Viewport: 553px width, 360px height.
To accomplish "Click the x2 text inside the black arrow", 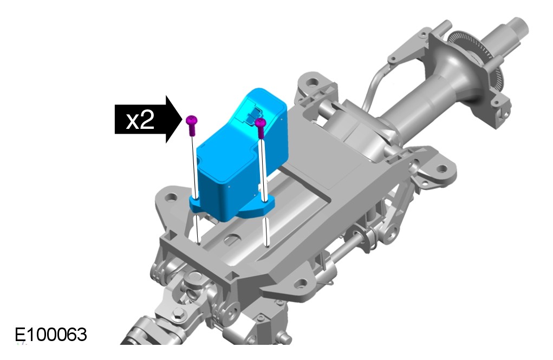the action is pyautogui.click(x=140, y=121).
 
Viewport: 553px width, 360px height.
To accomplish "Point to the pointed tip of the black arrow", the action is pyautogui.click(x=183, y=119).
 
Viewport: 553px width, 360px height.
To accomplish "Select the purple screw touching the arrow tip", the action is pyautogui.click(x=192, y=125).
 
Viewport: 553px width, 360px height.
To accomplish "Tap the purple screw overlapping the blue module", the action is pyautogui.click(x=261, y=128).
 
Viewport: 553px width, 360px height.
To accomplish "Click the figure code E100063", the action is pyautogui.click(x=51, y=335).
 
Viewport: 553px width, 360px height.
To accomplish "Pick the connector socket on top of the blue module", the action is pyautogui.click(x=255, y=115).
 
